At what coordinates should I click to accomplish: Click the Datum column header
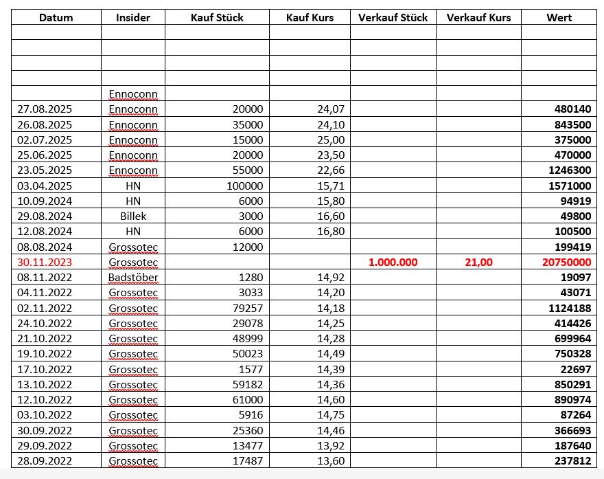coord(56,17)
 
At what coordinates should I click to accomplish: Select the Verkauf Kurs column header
coord(478,17)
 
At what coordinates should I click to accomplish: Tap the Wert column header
coord(559,17)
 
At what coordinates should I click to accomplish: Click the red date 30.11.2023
coord(45,263)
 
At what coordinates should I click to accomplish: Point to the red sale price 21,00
coord(478,263)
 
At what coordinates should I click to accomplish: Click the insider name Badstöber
coord(133,278)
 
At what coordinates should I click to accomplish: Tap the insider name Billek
coord(133,216)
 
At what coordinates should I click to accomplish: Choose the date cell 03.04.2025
coord(45,186)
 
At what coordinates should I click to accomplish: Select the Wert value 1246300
coord(571,170)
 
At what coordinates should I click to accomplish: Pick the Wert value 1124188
coord(571,309)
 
